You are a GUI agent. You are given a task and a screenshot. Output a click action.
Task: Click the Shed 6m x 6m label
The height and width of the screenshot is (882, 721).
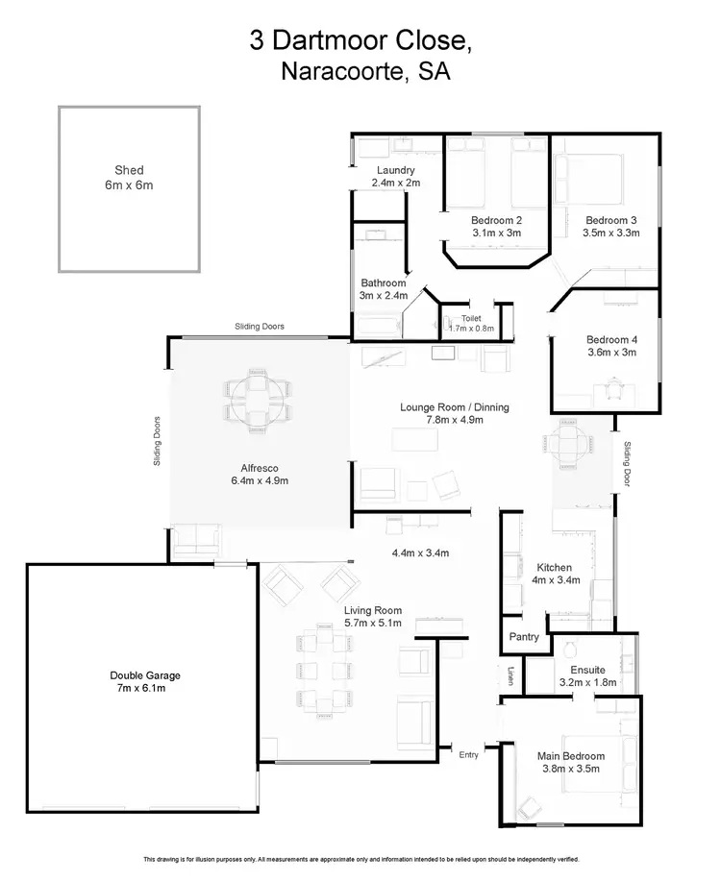tap(129, 177)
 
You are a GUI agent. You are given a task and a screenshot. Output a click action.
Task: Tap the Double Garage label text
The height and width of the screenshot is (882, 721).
tap(144, 674)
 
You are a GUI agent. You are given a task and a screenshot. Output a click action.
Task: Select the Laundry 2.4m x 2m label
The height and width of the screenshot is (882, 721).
tap(396, 176)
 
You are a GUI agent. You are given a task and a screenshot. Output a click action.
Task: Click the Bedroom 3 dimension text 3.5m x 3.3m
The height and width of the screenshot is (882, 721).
tap(610, 233)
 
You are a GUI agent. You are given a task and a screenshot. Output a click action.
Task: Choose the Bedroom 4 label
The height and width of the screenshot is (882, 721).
tap(611, 339)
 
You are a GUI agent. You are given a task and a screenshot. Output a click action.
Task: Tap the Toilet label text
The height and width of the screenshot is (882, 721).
tap(471, 317)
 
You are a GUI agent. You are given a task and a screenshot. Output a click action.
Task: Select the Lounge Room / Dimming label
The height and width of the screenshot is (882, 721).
tap(454, 407)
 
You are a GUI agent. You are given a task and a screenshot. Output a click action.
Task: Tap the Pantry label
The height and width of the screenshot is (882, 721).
tap(524, 636)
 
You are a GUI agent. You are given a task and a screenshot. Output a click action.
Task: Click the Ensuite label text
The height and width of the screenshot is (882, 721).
tap(586, 670)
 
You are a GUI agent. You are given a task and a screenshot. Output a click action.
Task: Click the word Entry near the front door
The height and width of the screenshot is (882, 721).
tap(468, 755)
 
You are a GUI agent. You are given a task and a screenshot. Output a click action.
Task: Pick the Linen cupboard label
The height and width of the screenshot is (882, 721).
tap(510, 675)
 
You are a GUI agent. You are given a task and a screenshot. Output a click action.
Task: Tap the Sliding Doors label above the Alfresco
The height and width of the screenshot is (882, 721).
tap(260, 327)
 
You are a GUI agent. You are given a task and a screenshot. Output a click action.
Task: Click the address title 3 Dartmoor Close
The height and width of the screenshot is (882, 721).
tap(360, 40)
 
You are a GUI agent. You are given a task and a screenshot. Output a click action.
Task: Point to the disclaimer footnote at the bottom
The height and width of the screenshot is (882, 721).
tap(360, 858)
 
